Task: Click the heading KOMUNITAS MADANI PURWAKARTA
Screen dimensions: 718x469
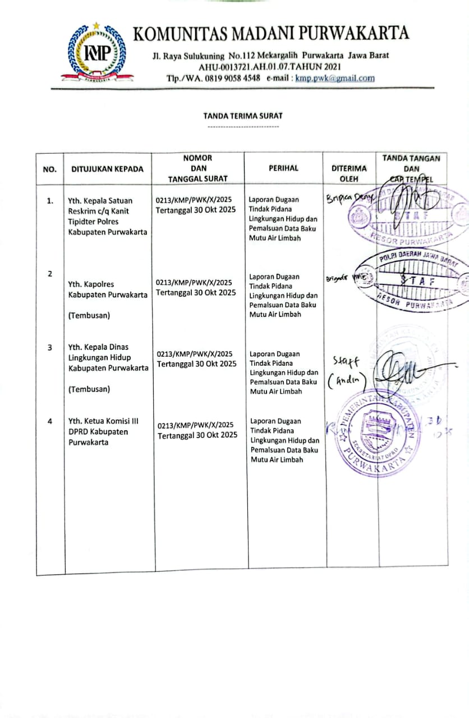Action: [x=270, y=34]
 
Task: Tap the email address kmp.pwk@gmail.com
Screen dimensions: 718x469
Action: [x=335, y=79]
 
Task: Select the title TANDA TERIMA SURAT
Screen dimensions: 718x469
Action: [x=243, y=116]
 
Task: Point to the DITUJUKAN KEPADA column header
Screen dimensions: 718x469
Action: [x=107, y=169]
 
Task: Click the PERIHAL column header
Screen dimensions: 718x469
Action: [x=283, y=168]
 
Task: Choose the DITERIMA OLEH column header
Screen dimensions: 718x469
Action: [x=349, y=173]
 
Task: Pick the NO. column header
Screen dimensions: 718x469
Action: [x=50, y=169]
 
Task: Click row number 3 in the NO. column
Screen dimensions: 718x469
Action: [x=50, y=348]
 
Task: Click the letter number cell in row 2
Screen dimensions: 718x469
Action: [x=195, y=288]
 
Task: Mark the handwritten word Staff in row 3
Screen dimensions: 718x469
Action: [x=346, y=361]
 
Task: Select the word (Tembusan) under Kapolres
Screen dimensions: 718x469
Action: [x=89, y=315]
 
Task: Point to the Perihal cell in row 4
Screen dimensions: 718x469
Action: [x=284, y=440]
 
